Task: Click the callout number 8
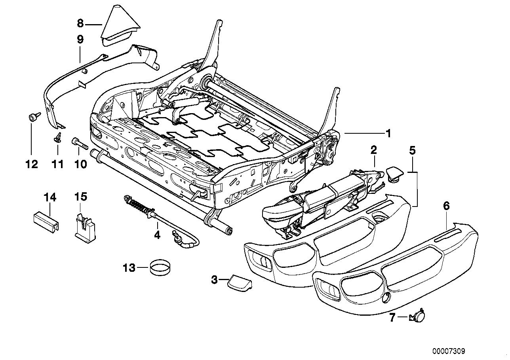click(x=80, y=23)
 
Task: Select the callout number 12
click(x=32, y=164)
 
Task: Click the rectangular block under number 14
click(x=46, y=222)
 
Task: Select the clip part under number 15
click(x=85, y=227)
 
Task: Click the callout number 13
click(x=129, y=268)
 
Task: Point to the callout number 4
click(x=157, y=235)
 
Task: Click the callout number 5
click(x=412, y=151)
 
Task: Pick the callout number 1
click(x=389, y=133)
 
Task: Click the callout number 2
click(x=374, y=150)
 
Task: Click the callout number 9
click(x=80, y=39)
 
